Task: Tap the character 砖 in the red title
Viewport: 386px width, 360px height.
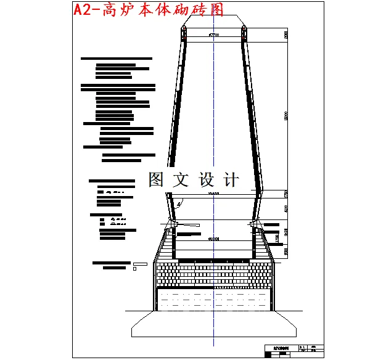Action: pos(196,9)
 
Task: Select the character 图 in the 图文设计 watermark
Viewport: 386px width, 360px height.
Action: pos(158,180)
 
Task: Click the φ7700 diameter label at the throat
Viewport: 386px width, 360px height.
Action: pos(215,35)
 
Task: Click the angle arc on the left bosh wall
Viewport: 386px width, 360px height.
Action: pos(179,203)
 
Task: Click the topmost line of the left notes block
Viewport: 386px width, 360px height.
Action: pos(116,58)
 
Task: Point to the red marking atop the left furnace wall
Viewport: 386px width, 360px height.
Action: pos(183,36)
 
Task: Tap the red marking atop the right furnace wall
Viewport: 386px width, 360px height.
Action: pos(244,36)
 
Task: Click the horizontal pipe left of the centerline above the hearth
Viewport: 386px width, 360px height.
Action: pos(189,233)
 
